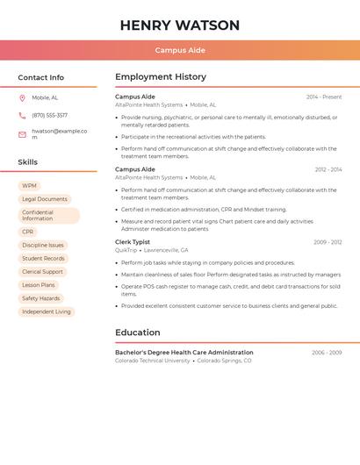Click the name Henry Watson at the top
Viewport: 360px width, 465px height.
[180, 25]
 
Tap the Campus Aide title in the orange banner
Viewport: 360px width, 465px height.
[180, 50]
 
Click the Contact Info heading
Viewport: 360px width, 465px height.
[41, 77]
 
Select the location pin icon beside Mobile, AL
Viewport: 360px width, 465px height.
[22, 98]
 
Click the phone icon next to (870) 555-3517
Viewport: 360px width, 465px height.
[22, 115]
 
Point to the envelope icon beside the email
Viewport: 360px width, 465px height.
[22, 134]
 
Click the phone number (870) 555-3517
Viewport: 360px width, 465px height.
[50, 115]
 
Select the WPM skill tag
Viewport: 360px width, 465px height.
[29, 186]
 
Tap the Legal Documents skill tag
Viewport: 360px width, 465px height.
[44, 199]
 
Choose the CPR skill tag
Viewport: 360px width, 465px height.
[28, 232]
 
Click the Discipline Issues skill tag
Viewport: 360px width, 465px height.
[42, 245]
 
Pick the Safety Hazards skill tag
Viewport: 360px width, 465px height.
[40, 298]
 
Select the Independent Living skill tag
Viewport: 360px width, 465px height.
[46, 311]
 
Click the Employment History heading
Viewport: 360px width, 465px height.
[161, 77]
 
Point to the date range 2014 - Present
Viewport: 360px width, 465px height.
[324, 97]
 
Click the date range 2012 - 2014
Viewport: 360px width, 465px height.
[328, 169]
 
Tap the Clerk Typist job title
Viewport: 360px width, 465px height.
[133, 242]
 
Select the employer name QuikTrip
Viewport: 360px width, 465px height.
[126, 250]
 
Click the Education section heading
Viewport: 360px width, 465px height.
[138, 333]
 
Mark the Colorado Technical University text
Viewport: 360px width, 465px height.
[153, 361]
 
